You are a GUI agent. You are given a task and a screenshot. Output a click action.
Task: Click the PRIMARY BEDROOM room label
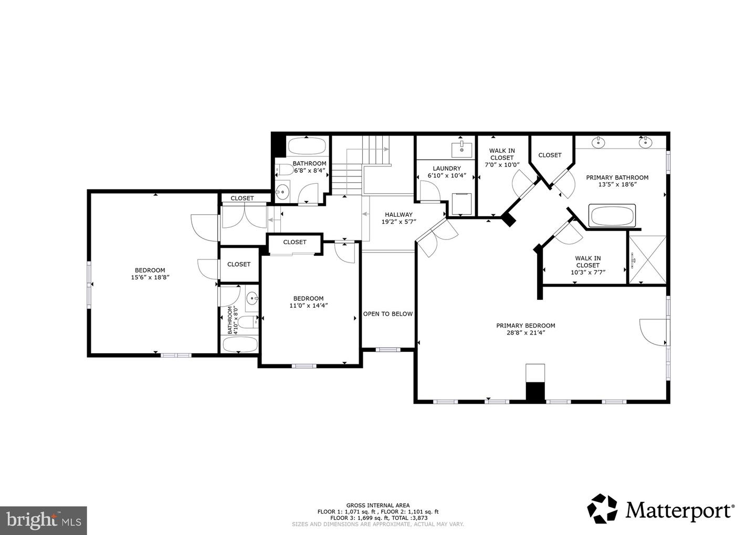point(526,326)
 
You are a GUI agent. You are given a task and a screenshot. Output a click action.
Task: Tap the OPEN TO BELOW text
point(388,314)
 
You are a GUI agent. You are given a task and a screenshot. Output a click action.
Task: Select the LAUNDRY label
point(446,169)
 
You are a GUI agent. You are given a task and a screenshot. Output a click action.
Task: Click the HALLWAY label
point(398,214)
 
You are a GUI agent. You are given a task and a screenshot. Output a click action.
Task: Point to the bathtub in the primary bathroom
point(613,215)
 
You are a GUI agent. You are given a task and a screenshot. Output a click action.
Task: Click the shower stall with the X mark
point(647,260)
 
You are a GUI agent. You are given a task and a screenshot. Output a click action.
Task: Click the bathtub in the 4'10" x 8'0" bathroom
point(240,344)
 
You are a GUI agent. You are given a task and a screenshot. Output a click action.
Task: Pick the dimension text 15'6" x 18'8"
point(150,277)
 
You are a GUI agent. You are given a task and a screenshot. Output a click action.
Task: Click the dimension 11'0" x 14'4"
point(308,305)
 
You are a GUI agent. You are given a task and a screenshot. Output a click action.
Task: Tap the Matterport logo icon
point(603,509)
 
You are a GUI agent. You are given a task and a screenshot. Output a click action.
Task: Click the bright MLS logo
point(43,520)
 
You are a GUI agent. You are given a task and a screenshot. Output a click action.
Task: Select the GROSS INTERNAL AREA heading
point(377,505)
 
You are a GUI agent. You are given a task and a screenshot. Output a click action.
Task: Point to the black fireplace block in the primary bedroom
point(535,392)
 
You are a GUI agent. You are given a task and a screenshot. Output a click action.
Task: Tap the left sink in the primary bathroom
point(597,142)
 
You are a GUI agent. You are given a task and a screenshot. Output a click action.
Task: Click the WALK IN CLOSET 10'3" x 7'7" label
point(587,265)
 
